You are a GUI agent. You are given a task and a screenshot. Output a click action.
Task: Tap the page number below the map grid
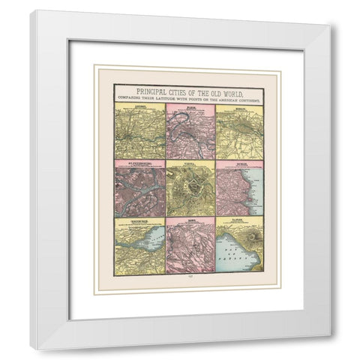190,275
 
